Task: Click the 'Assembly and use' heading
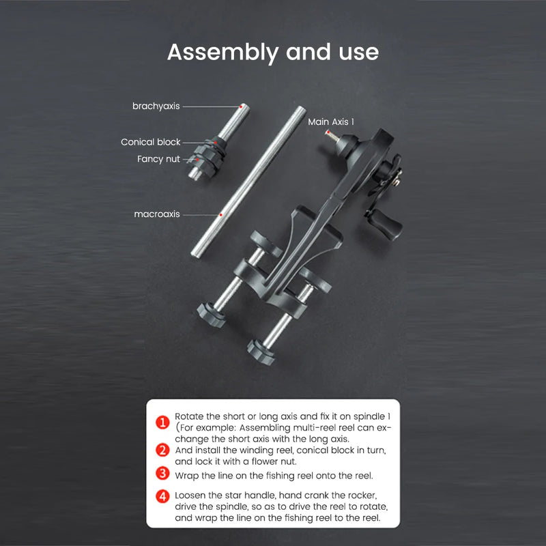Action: pos(273,53)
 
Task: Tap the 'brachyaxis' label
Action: pos(156,106)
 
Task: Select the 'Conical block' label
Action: pos(150,142)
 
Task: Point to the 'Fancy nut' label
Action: pos(158,159)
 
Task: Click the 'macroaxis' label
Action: pos(157,214)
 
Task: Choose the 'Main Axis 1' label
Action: pos(331,122)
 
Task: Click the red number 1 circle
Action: pos(162,422)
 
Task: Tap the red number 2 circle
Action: pos(162,450)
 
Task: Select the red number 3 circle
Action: pos(162,474)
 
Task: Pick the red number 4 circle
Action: pos(162,497)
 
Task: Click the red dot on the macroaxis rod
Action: pos(220,215)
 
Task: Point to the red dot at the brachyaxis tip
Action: pos(241,106)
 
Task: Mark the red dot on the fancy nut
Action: pos(197,160)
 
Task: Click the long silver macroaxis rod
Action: pos(248,182)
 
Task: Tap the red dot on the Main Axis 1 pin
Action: pos(328,132)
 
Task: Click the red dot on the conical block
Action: pos(216,142)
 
